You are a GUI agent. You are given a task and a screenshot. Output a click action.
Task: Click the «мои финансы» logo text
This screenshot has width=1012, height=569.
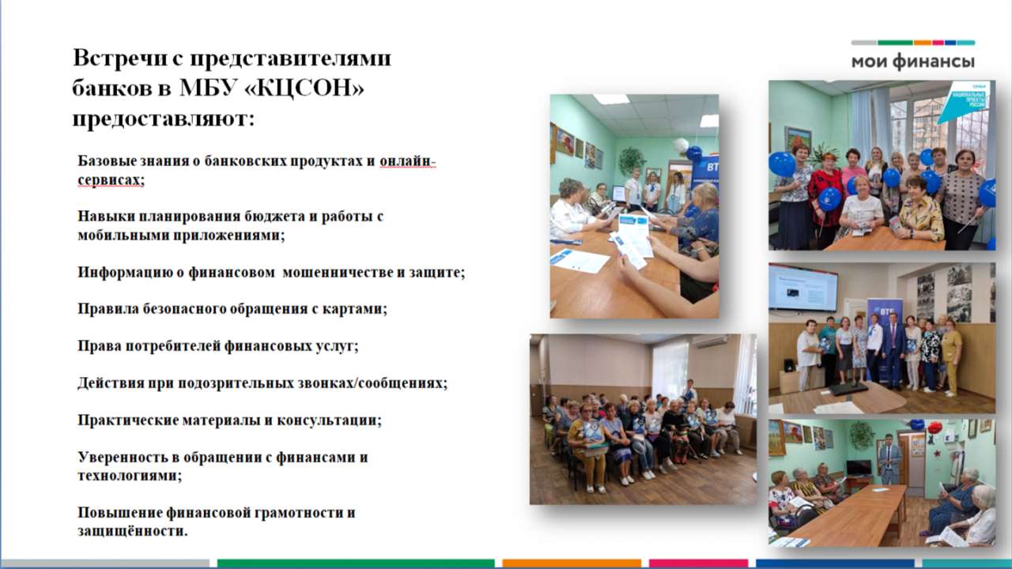912,62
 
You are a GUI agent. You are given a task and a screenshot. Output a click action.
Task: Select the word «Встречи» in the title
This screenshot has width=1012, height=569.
119,58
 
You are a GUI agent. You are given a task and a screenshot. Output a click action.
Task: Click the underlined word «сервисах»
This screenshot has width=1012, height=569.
111,179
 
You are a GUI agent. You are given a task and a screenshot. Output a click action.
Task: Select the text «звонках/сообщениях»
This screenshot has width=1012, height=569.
372,383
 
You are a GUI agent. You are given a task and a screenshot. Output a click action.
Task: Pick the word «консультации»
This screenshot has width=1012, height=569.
329,420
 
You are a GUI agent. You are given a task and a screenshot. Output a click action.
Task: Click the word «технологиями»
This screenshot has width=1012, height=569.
130,476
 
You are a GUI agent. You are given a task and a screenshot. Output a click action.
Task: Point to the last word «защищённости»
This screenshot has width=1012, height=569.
132,531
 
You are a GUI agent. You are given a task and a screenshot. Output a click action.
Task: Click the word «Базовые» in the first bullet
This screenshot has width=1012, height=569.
108,160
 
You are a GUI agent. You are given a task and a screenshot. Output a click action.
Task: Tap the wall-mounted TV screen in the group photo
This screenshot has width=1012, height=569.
802,288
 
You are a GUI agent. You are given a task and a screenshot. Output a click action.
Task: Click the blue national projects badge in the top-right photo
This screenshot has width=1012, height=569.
963,102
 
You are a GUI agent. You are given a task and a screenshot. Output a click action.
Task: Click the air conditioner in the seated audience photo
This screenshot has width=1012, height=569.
709,341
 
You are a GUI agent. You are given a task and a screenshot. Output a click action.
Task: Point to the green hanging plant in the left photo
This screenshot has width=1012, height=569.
632,160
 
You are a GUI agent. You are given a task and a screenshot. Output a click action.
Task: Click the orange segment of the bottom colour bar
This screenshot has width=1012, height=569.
572,563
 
